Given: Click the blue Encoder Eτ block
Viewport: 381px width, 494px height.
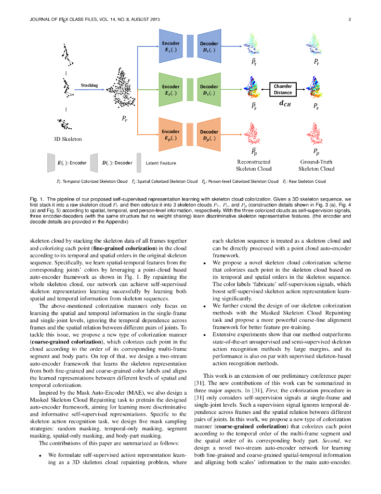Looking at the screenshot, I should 171,46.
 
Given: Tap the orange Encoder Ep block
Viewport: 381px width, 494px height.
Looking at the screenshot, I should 171,134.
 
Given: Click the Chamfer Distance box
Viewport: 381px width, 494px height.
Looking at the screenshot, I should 283,89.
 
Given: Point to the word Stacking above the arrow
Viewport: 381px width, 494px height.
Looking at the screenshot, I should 89,85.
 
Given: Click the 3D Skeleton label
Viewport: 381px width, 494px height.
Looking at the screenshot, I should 67,139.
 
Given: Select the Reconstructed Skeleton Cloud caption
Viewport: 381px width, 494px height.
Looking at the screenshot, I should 253,165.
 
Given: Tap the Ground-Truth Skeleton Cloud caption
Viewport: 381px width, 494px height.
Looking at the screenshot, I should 316,165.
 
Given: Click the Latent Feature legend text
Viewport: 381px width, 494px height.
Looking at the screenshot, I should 161,163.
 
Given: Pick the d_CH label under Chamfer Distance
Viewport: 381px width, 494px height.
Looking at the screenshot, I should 284,103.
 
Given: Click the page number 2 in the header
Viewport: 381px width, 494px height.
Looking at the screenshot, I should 349,19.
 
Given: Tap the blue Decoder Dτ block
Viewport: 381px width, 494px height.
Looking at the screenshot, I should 209,46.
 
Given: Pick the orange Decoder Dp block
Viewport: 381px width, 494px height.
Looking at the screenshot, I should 209,134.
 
